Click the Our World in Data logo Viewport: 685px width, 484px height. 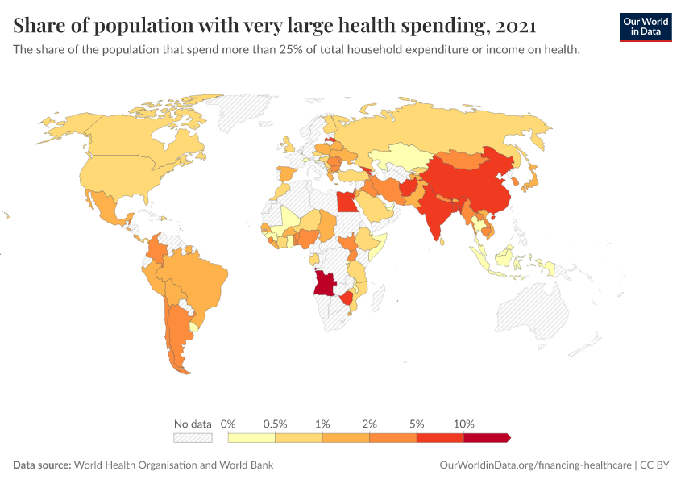pyautogui.click(x=645, y=27)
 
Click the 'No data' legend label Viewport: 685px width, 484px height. pyautogui.click(x=193, y=423)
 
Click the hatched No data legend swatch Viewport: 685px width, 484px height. pyautogui.click(x=193, y=438)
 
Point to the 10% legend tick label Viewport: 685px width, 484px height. pyautogui.click(x=464, y=423)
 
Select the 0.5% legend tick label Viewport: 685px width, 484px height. pyautogui.click(x=276, y=423)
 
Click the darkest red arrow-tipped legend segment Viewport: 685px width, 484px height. pyautogui.click(x=486, y=438)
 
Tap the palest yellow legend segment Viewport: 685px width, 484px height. pyautogui.click(x=251, y=438)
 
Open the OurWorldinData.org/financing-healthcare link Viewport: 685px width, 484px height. pyautogui.click(x=535, y=465)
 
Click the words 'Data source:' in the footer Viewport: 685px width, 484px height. pyautogui.click(x=42, y=465)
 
